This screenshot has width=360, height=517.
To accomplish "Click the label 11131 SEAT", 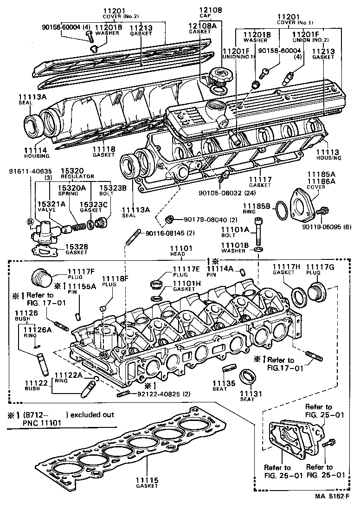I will pyautogui.click(x=251, y=396).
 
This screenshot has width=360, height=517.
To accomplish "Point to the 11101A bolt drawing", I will pyautogui.click(x=258, y=233).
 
